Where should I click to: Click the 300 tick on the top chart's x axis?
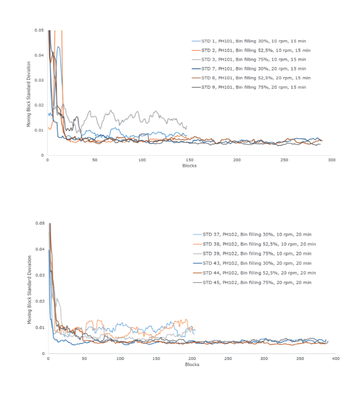click(331, 160)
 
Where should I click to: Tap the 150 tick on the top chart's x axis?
click(190, 160)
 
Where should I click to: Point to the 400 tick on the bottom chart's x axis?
click(335, 358)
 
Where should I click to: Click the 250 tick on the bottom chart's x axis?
click(228, 358)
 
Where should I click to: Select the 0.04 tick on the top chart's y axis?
click(40, 55)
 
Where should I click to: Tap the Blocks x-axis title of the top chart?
click(190, 166)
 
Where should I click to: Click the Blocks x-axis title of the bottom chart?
click(192, 364)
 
